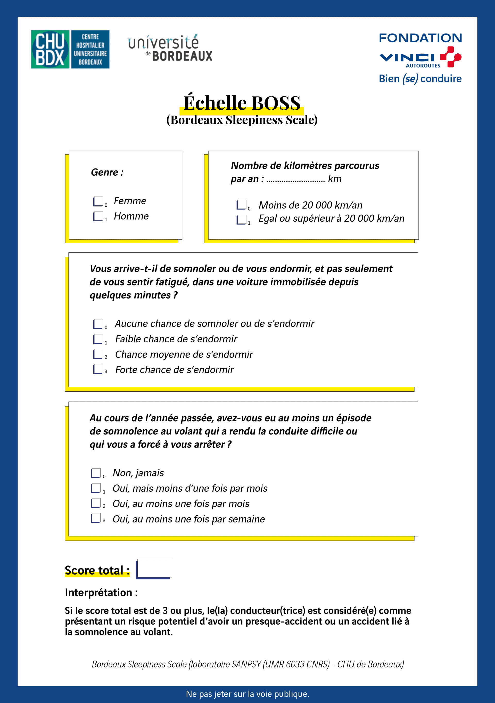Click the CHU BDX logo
[70, 49]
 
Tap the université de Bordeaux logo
[170, 48]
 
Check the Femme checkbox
[98, 201]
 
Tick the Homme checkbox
[98, 216]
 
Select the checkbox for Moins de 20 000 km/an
[241, 205]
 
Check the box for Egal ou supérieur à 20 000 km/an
[241, 219]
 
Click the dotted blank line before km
[295, 180]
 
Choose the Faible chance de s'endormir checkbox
[98, 339]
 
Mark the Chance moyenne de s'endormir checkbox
[98, 354]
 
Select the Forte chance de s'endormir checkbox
[98, 369]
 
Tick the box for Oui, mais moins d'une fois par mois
[96, 488]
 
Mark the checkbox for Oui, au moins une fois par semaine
[96, 518]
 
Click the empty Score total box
[154, 569]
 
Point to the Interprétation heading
[101, 593]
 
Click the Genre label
[107, 172]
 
